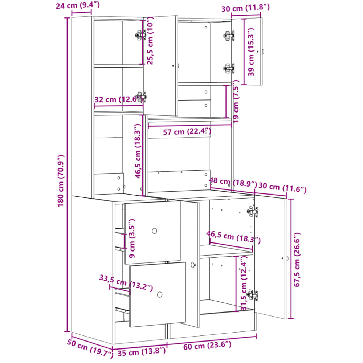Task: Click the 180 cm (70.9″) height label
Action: pos(61,181)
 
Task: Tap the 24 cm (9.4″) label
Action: pos(78,5)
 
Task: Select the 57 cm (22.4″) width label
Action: pos(187,132)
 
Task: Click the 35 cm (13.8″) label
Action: pos(142,352)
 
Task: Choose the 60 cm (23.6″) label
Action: pos(207,346)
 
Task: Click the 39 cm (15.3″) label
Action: pos(251,52)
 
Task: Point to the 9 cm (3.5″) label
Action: pos(132,238)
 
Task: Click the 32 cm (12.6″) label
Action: pos(119,99)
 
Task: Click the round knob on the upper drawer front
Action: pos(154,231)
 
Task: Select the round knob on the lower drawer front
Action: pos(160,295)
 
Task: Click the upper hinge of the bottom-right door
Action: pos(253,212)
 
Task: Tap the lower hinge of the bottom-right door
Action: pos(253,295)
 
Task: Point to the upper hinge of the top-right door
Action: pos(229,36)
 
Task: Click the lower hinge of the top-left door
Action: pos(141,97)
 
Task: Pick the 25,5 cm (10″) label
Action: pos(150,41)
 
